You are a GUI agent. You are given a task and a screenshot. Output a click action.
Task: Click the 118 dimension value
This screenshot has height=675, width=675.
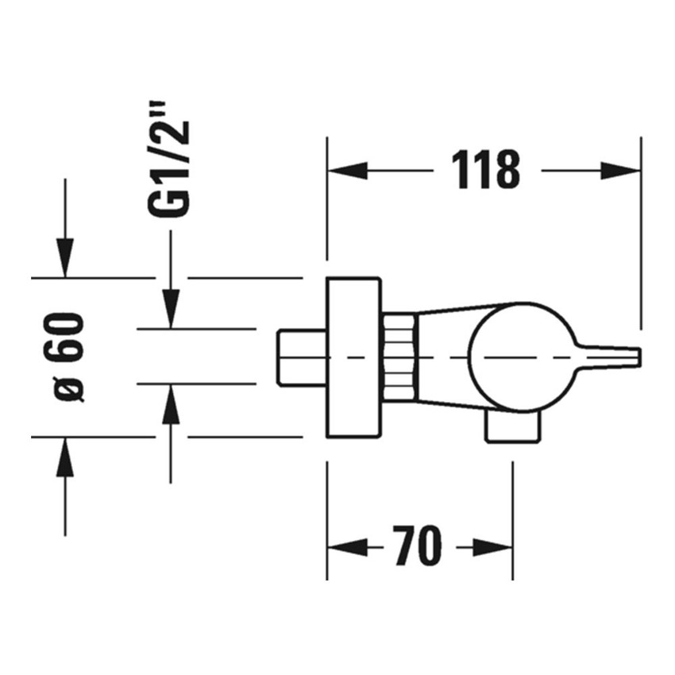tap(485, 170)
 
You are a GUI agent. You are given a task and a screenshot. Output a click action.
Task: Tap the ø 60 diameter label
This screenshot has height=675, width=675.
tap(70, 357)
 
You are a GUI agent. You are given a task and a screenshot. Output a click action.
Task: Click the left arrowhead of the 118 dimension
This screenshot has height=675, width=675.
tap(348, 170)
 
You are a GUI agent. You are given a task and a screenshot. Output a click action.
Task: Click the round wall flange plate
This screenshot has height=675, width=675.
tap(353, 357)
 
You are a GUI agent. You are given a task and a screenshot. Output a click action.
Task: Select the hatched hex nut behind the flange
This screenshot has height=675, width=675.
tap(398, 357)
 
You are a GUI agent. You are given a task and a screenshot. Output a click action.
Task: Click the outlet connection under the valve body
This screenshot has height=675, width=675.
tap(515, 428)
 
